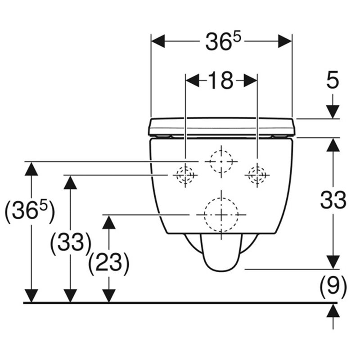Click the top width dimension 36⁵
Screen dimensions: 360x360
[223, 41]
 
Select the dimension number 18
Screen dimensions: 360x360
[221, 81]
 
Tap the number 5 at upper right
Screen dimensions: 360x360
[333, 80]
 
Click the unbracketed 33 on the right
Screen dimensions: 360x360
[333, 200]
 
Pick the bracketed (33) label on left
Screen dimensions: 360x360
[71, 243]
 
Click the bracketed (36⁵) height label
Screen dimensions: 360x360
[29, 212]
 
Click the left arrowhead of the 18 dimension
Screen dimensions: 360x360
[193, 81]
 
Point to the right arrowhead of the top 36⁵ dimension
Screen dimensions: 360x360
[285, 41]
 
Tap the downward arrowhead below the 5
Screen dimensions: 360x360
[333, 112]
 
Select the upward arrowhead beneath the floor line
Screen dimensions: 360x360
[333, 310]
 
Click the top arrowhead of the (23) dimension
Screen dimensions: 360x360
[109, 222]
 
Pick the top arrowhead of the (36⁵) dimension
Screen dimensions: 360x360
[31, 169]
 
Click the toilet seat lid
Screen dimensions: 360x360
[221, 127]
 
